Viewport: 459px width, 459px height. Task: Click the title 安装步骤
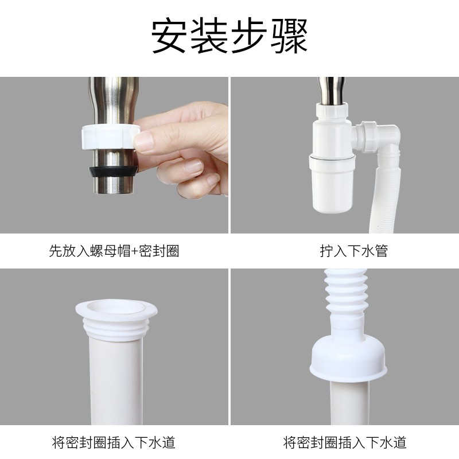pos(229,36)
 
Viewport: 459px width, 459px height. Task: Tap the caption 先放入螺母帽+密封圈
pos(114,251)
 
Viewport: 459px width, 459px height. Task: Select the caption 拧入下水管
pos(354,251)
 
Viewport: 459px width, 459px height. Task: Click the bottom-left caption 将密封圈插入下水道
pos(114,442)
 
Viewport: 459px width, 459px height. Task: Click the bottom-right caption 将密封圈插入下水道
pos(345,442)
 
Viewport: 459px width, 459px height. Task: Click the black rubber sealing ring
pos(114,172)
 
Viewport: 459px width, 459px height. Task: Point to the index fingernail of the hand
pos(144,141)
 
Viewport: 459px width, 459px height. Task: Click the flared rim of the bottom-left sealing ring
pos(116,311)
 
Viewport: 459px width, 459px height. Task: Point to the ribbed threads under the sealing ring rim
pos(116,330)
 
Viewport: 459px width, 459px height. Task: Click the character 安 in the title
pos(169,36)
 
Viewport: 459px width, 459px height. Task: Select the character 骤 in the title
pos(289,36)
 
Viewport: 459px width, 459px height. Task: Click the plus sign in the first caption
pos(134,251)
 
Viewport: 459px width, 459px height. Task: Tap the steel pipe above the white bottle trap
pos(332,91)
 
